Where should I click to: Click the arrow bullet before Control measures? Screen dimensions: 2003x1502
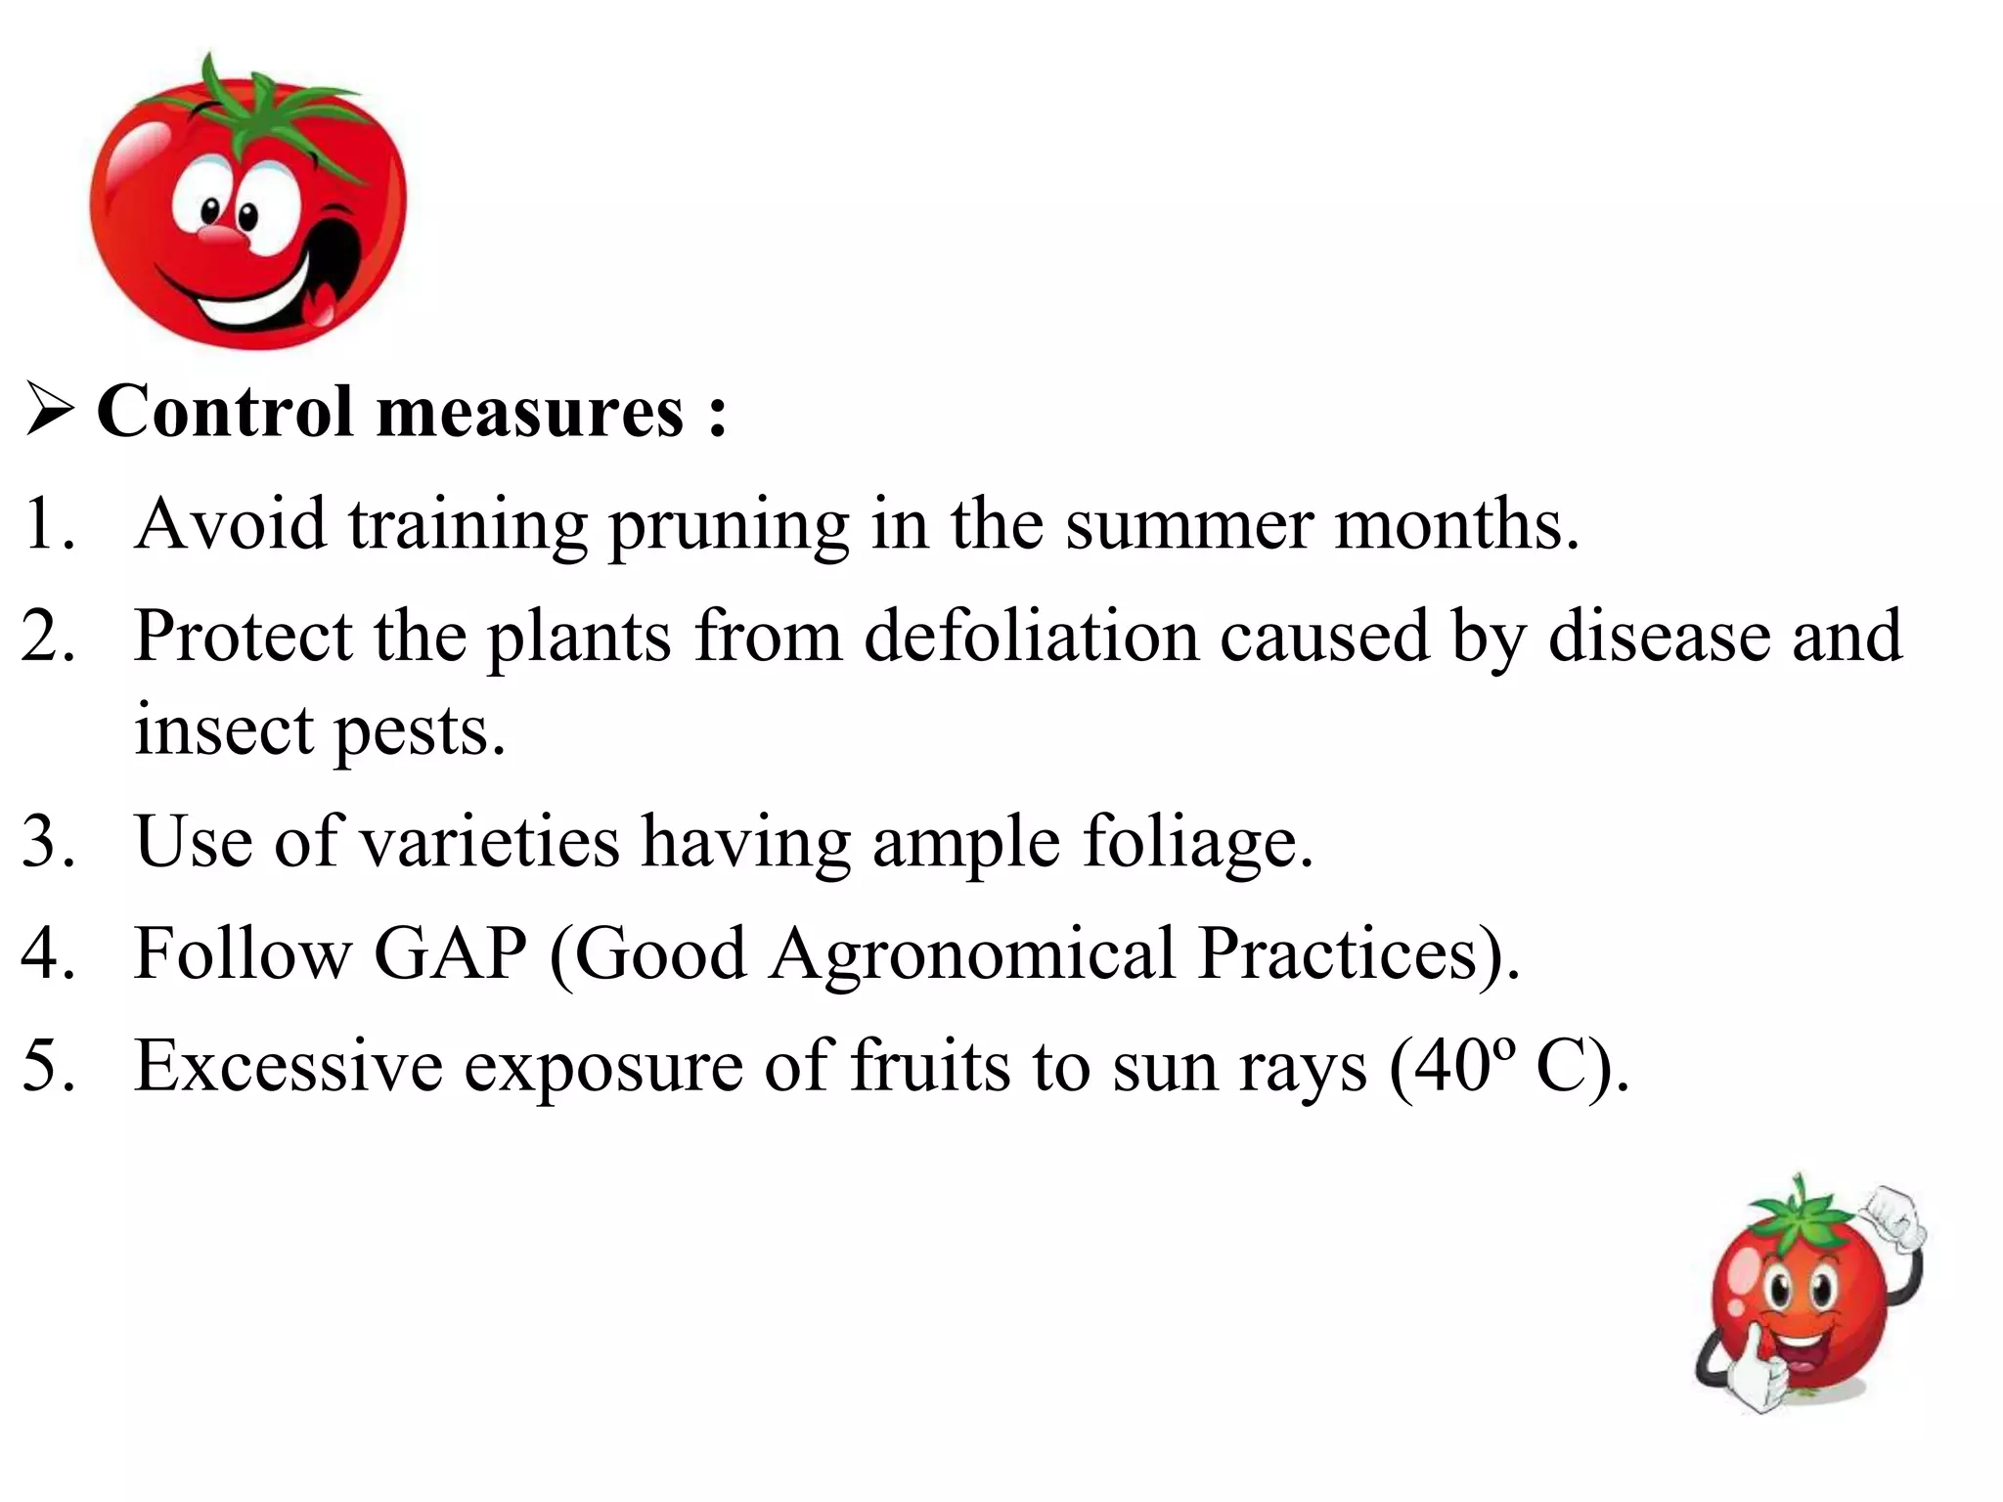pos(48,412)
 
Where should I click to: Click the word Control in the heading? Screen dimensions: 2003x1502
pos(225,411)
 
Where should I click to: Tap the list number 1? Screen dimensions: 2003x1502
pos(46,524)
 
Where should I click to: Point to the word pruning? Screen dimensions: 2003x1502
pos(729,529)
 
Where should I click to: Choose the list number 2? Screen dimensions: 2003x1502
pos(47,636)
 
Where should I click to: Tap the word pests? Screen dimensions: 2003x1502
pos(420,733)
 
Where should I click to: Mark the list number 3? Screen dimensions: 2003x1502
pos(47,842)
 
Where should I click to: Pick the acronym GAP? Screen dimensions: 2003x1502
pos(450,952)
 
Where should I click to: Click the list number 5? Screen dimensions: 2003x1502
pos(47,1065)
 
